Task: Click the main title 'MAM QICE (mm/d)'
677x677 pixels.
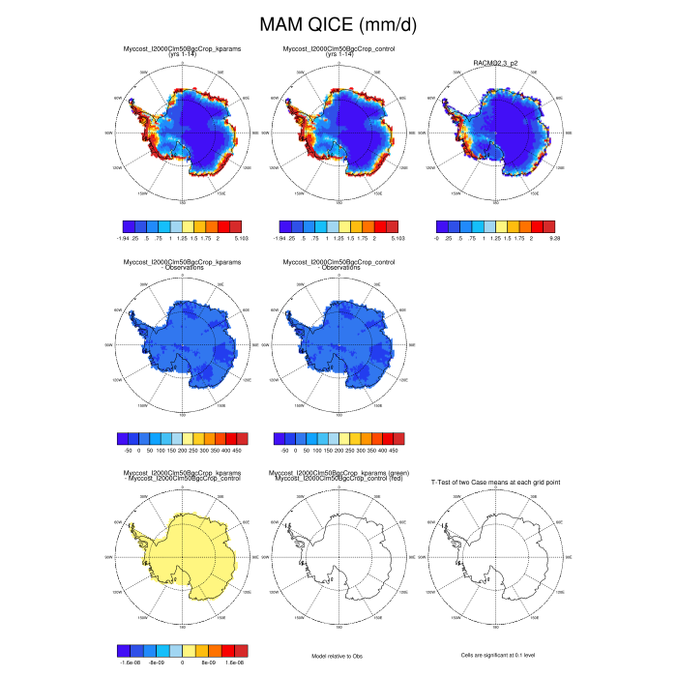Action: (338, 24)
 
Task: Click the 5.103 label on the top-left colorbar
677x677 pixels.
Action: (242, 237)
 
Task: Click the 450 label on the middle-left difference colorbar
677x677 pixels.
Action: (238, 450)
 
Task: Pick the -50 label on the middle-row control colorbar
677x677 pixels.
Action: (284, 450)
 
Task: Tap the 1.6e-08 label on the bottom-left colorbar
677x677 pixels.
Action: (236, 662)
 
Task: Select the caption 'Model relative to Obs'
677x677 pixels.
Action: (338, 656)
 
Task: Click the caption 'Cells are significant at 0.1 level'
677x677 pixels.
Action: (498, 656)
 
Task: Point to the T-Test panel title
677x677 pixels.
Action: (496, 481)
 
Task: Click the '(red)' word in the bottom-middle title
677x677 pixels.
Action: (391, 479)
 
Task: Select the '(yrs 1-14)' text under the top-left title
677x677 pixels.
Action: (181, 54)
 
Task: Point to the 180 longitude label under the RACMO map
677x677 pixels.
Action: (497, 203)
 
